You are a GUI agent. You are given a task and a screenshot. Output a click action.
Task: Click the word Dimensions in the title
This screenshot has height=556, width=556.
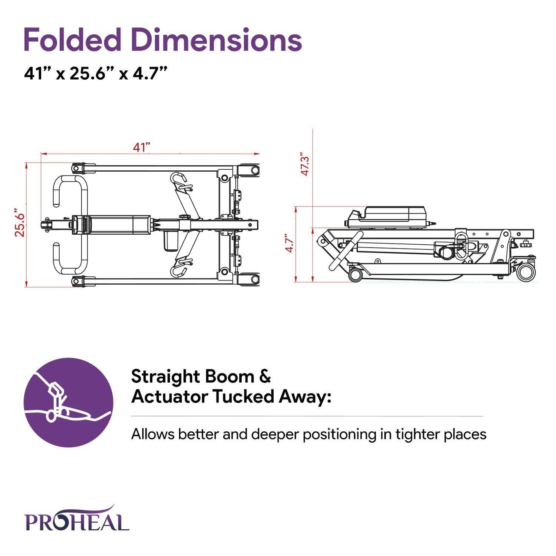tap(216, 40)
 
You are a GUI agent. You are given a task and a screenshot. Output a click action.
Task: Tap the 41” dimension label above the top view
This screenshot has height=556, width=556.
tap(141, 147)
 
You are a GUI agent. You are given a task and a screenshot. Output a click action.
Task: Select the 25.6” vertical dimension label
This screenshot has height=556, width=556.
tap(20, 223)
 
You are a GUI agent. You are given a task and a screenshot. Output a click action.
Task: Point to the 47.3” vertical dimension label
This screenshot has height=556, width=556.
tap(305, 165)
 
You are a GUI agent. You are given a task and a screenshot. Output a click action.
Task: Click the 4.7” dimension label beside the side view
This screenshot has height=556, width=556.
tap(289, 243)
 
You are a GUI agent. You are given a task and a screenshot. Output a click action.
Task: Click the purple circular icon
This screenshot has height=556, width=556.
tap(68, 402)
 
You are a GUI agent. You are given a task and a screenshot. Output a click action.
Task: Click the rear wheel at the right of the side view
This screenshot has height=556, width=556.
tap(526, 272)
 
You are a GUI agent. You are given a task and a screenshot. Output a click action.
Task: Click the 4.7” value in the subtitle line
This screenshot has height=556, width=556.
tap(150, 73)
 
